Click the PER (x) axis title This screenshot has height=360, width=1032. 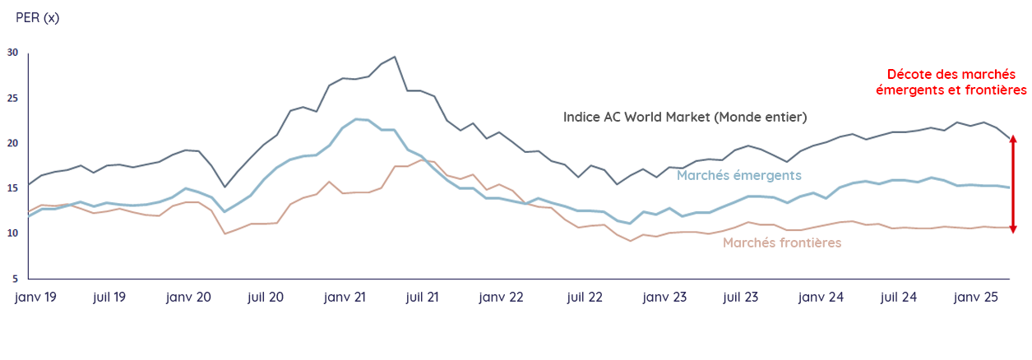[x=38, y=17]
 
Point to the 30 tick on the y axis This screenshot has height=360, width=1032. [x=12, y=53]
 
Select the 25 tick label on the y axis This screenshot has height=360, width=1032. [x=12, y=98]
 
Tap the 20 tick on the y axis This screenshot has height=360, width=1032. [x=12, y=143]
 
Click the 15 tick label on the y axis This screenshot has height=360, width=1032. [x=12, y=188]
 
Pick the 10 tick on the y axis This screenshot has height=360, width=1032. [x=12, y=233]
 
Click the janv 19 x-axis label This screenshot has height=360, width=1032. [x=35, y=297]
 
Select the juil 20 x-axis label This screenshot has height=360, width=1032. [x=266, y=297]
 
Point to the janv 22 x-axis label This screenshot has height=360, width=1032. [x=501, y=297]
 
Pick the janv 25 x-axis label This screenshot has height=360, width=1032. [x=976, y=297]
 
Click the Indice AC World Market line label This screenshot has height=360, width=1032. [x=685, y=117]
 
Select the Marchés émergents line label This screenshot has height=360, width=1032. [x=738, y=174]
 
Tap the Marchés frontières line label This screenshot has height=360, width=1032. [x=782, y=242]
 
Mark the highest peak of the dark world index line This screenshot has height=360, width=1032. [x=395, y=57]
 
